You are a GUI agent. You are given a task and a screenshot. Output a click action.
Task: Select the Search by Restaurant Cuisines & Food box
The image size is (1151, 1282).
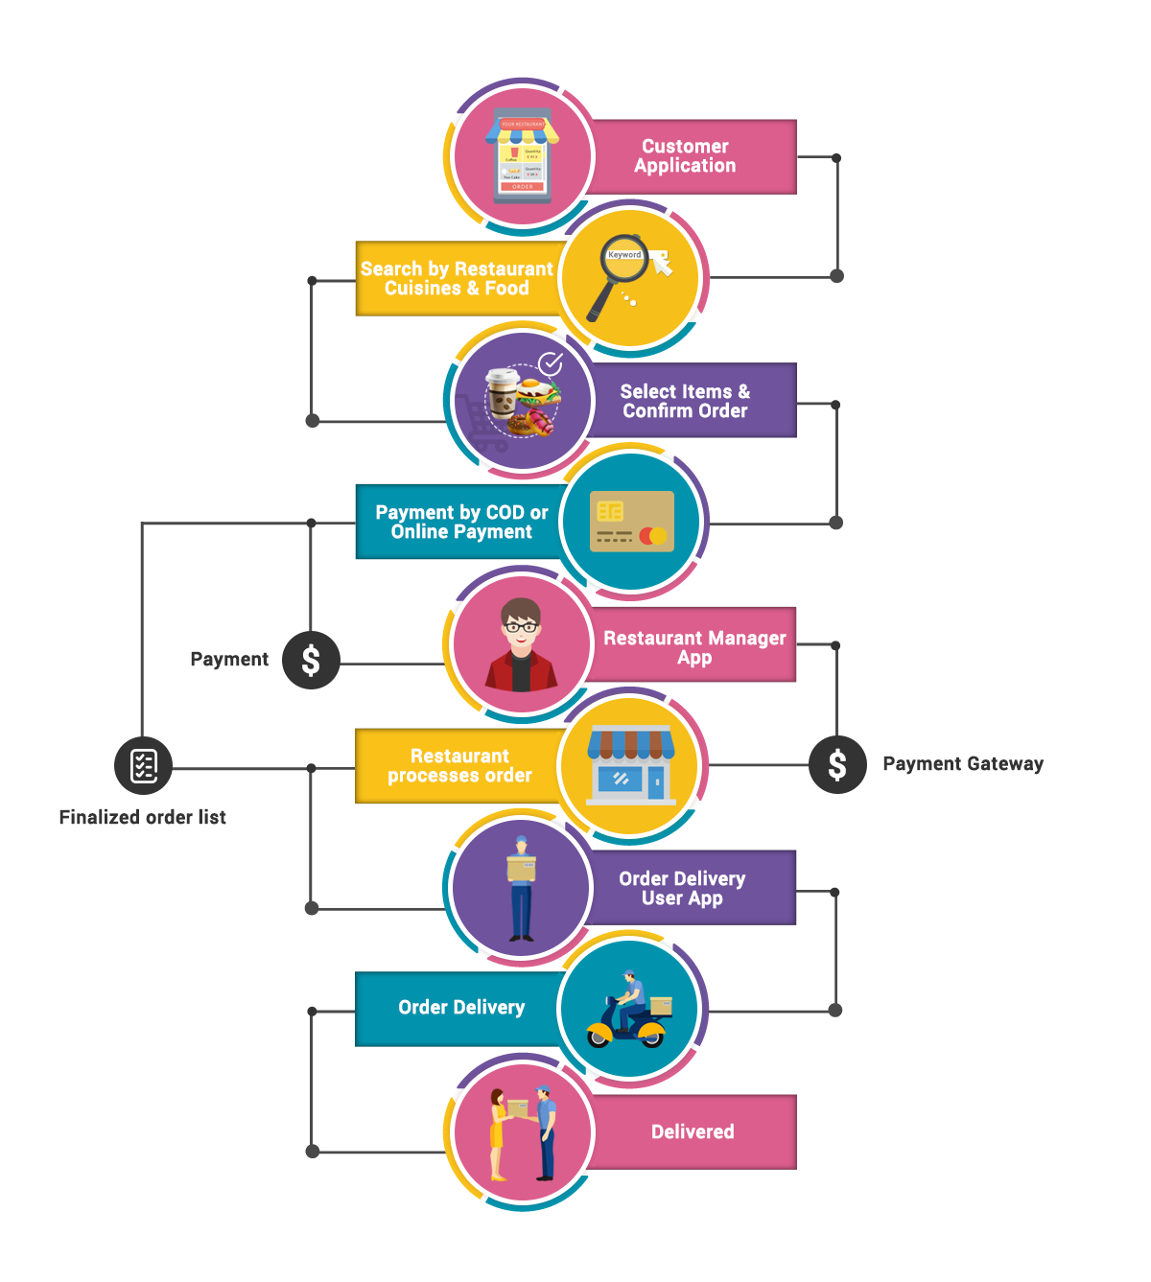click(456, 278)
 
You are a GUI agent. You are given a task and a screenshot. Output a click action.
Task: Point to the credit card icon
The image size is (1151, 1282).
click(632, 523)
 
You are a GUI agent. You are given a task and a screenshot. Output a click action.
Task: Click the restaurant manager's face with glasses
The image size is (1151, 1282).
click(521, 628)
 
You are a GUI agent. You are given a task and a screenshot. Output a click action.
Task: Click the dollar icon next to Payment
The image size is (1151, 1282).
click(311, 660)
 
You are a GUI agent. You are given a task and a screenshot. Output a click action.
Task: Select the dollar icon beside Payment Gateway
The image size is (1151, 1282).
click(837, 764)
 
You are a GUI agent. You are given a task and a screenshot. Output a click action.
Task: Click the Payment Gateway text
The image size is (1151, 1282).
click(963, 764)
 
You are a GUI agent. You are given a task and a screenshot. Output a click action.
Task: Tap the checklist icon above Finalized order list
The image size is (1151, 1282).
click(143, 765)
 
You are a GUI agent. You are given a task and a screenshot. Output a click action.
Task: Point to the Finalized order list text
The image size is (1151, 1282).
click(143, 817)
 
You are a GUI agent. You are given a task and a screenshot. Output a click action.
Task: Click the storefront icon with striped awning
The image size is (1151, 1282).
click(631, 764)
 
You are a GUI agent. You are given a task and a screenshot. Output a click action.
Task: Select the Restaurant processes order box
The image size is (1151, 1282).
click(458, 765)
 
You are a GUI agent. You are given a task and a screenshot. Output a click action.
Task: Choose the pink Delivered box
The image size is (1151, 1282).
click(693, 1131)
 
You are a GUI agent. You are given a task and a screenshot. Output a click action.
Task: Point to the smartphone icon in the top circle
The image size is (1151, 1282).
click(523, 156)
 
